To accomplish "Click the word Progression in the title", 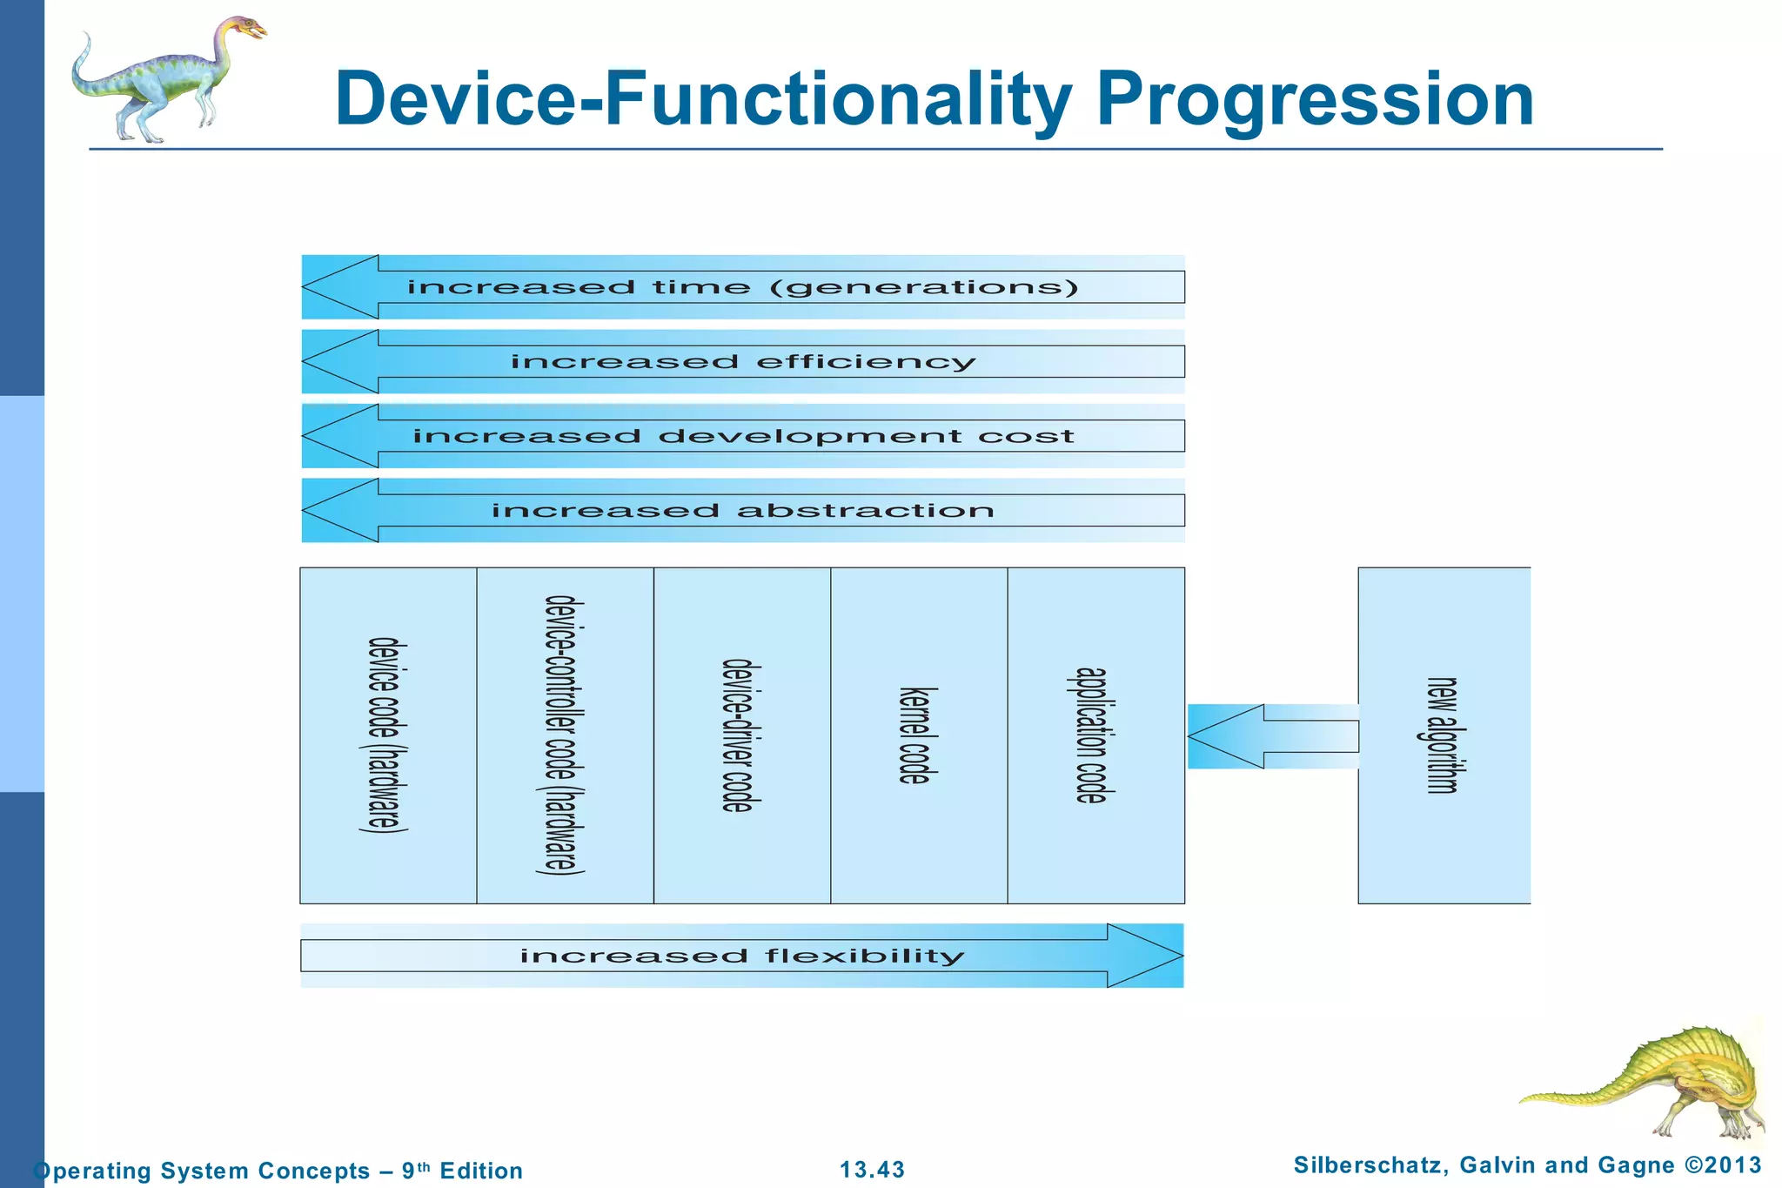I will click(x=1315, y=101).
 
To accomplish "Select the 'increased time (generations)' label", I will click(x=742, y=287).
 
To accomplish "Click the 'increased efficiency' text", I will click(x=742, y=362).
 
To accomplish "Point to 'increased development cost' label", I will click(x=742, y=436).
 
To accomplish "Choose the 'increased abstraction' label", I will click(x=742, y=511).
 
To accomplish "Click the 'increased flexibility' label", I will click(x=742, y=956).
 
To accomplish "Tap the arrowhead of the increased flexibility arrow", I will click(x=1147, y=956).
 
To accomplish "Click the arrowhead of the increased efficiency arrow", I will click(x=339, y=361).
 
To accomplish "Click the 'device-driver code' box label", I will click(x=740, y=735).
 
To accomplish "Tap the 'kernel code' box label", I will click(x=917, y=735).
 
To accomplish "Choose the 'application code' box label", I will click(x=1092, y=735).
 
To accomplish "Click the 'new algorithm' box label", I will click(x=1441, y=735).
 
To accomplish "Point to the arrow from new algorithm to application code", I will click(x=1270, y=736).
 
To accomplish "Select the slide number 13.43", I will click(x=872, y=1170).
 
